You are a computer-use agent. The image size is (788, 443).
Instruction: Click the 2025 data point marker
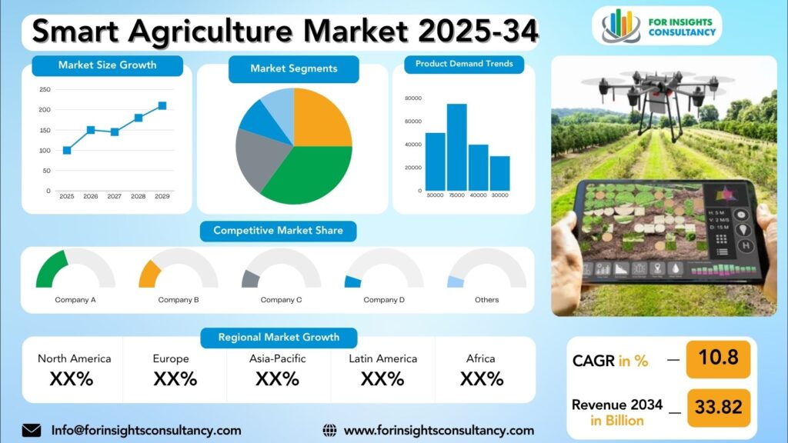(x=67, y=150)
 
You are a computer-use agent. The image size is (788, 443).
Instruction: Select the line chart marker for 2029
(x=162, y=106)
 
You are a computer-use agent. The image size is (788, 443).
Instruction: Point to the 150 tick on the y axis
(x=45, y=130)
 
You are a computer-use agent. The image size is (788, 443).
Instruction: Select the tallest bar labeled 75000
(x=457, y=147)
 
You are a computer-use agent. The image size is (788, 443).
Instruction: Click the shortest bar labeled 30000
(x=499, y=173)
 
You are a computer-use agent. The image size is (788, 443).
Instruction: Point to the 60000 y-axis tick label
(x=413, y=122)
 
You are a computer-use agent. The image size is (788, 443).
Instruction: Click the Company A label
(x=75, y=300)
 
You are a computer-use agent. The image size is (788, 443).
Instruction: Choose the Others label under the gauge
(x=487, y=300)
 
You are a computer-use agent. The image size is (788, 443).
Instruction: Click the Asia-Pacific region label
(x=277, y=358)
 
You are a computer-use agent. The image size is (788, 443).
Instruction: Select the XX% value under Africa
(x=482, y=379)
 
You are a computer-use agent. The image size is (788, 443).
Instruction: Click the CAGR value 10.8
(x=719, y=358)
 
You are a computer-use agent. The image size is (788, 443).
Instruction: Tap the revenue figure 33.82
(x=719, y=407)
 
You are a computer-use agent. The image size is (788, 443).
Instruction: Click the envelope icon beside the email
(x=32, y=431)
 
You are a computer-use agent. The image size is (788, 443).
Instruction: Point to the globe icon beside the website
(x=329, y=431)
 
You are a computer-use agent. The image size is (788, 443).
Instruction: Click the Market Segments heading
(x=294, y=68)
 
